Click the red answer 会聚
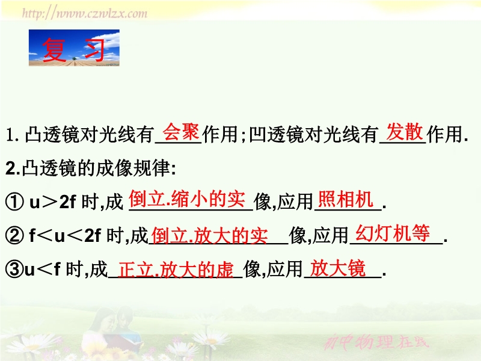181,132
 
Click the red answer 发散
405,132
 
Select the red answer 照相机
346,199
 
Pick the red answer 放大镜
338,268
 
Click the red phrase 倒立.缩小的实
187,199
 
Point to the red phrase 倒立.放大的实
209,235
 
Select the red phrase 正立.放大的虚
176,270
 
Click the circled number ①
14,202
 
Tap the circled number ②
14,235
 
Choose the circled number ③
14,269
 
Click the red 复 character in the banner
54,50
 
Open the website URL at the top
85,13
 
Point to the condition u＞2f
52,202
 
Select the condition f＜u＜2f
65,236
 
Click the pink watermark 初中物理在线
376,342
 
